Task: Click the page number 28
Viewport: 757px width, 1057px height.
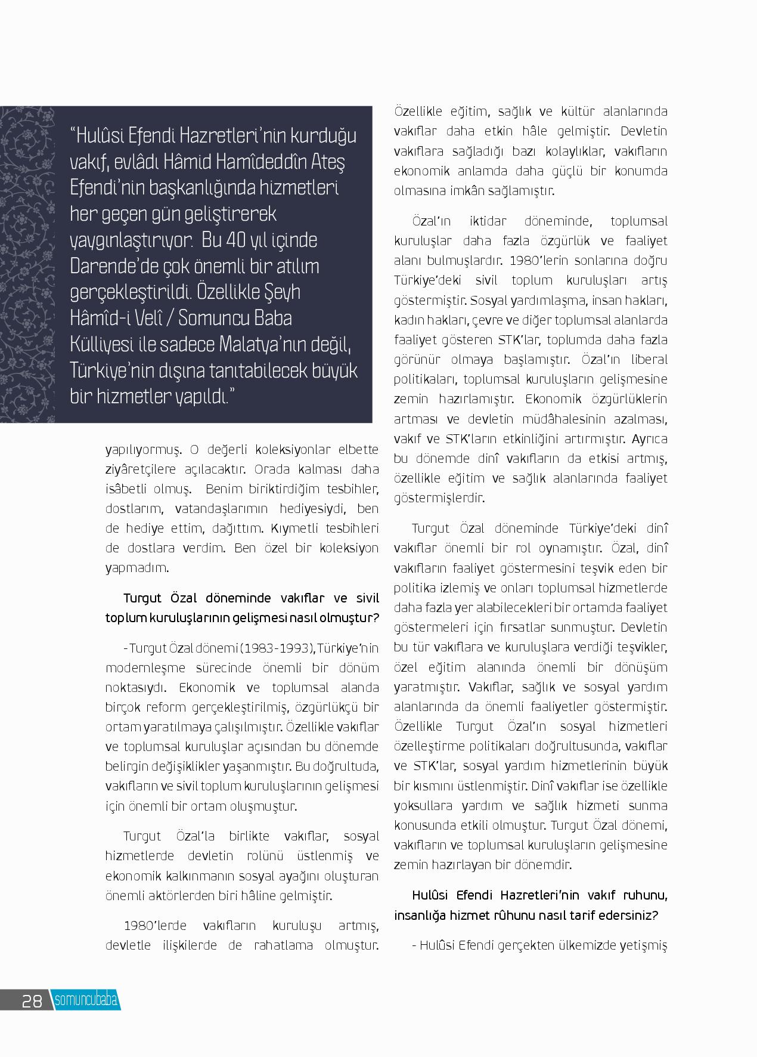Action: click(32, 1000)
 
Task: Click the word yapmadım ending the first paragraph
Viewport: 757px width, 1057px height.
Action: click(137, 567)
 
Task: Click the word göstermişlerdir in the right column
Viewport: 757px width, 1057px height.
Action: click(439, 498)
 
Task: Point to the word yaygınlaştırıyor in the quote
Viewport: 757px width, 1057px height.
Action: click(131, 240)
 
